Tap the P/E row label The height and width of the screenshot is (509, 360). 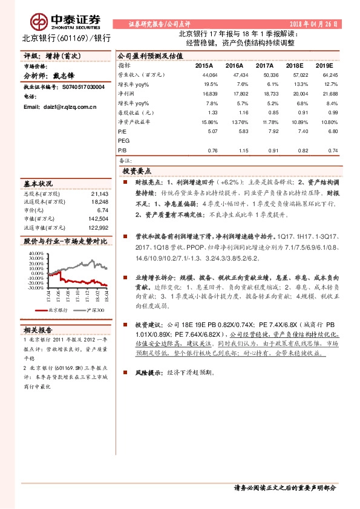(122, 130)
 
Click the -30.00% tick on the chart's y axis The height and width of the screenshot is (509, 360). (35, 288)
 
